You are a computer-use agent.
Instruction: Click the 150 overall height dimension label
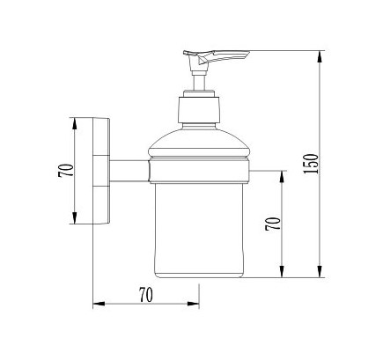311,164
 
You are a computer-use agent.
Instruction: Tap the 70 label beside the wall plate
66,170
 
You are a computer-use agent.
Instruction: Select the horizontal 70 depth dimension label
146,295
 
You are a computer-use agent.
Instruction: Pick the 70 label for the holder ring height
273,224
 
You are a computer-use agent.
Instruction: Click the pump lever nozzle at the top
217,57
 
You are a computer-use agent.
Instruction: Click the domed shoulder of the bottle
199,143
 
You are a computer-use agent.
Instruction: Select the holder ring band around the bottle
199,172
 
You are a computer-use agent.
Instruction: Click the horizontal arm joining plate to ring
129,171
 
